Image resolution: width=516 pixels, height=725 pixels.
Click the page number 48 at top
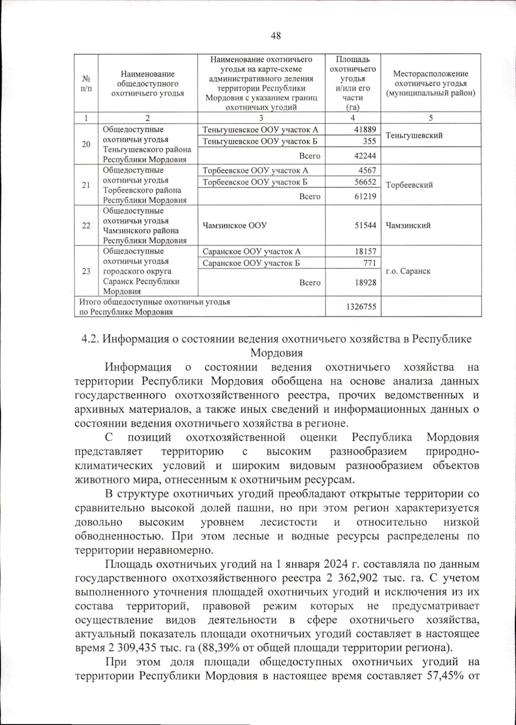pos(276,36)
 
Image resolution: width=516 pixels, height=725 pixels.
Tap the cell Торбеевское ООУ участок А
pos(255,171)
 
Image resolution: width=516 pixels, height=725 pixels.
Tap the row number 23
pos(86,271)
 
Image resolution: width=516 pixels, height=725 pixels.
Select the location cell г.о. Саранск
pos(408,271)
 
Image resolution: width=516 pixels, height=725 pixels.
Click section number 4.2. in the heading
pos(90,339)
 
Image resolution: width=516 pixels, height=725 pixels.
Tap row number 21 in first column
pos(86,185)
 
